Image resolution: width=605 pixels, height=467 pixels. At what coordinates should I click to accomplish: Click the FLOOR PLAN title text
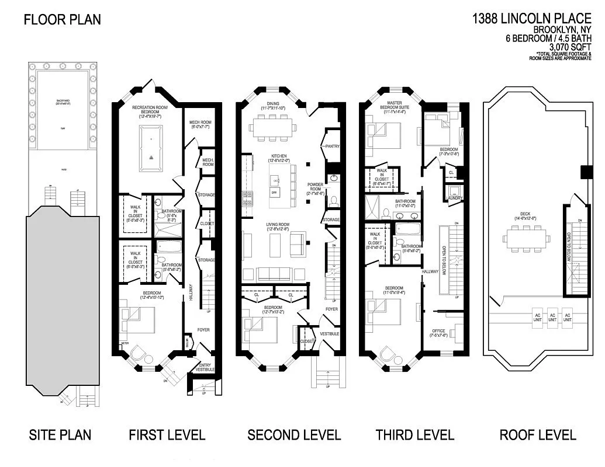(62, 19)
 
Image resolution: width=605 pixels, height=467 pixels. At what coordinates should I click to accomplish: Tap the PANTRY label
(331, 147)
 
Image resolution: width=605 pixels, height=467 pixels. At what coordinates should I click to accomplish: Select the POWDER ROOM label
(315, 188)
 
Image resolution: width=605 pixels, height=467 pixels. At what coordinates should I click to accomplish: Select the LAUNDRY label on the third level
(454, 198)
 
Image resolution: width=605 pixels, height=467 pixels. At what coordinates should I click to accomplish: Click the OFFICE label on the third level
(438, 332)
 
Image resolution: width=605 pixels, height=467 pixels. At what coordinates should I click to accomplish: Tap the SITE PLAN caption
(60, 435)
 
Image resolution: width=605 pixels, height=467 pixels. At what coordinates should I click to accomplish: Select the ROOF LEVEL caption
(537, 435)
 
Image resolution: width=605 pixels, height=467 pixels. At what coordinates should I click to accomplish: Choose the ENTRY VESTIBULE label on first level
(205, 367)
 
